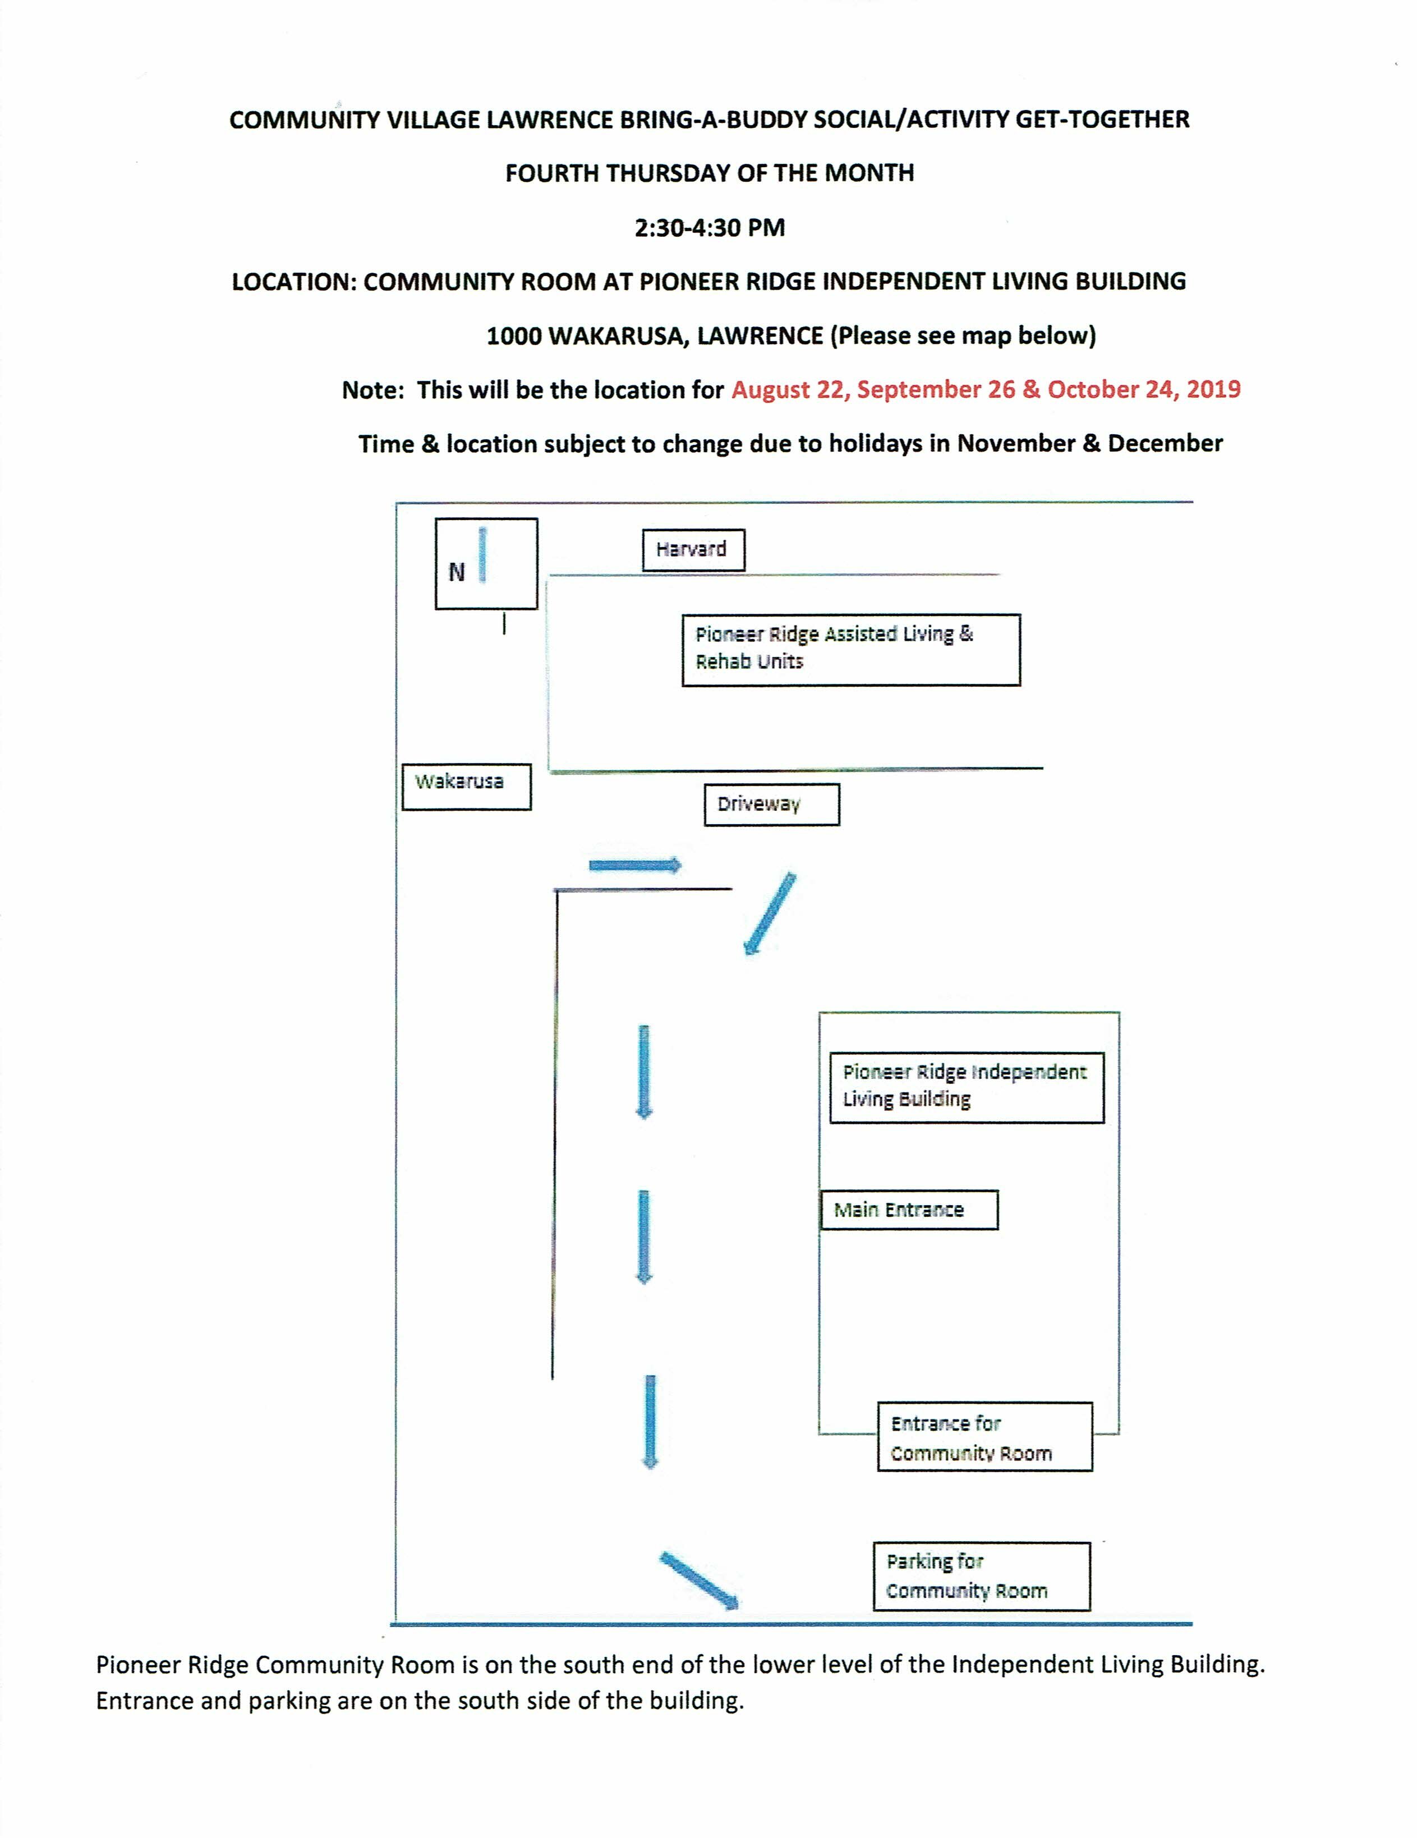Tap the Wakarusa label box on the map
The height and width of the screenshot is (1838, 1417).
click(466, 786)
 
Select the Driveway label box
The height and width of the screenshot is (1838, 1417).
click(771, 805)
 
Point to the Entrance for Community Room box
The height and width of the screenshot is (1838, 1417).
click(984, 1437)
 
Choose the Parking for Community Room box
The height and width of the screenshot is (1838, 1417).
click(981, 1577)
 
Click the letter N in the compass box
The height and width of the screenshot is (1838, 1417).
click(456, 572)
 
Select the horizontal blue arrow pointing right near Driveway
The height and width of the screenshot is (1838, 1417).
click(634, 865)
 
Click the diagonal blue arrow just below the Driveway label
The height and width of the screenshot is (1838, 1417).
click(769, 913)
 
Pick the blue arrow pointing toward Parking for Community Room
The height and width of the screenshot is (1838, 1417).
click(698, 1581)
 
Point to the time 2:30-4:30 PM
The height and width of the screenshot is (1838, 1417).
click(709, 228)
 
